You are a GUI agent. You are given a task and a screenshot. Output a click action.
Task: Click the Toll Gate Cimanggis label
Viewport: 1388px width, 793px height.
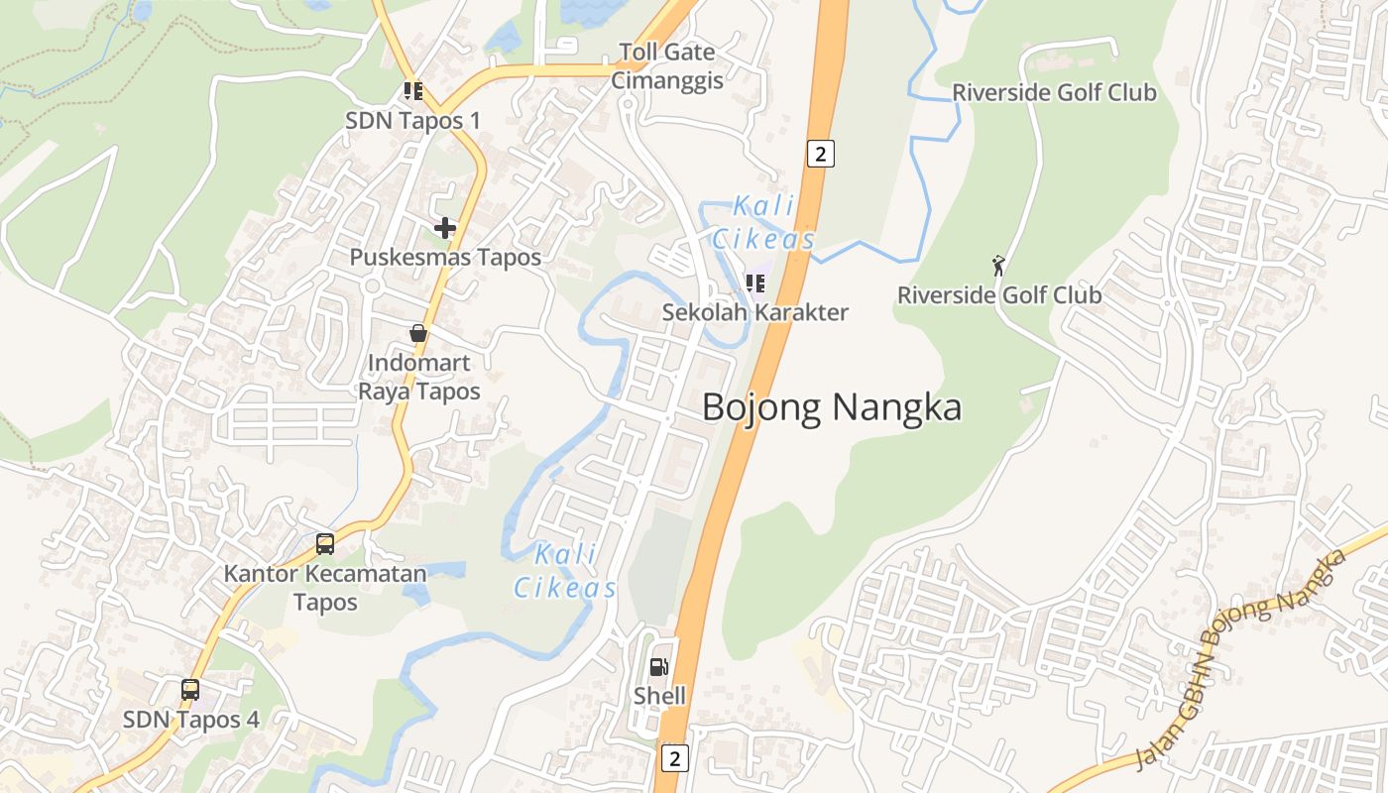[x=666, y=66]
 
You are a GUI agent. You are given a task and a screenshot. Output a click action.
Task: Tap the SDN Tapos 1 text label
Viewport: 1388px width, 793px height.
[x=412, y=121]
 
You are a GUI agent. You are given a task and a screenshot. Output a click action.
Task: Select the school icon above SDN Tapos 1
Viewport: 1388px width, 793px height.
[x=413, y=92]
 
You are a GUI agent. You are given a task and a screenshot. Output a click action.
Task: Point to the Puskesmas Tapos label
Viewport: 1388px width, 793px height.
[x=445, y=258]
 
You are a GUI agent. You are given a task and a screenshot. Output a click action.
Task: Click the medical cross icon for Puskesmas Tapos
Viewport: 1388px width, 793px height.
[x=445, y=228]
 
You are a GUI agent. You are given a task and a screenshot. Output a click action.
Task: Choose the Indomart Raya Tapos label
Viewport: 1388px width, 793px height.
[x=418, y=377]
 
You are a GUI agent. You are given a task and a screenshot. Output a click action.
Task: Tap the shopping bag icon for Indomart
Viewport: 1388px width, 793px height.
[x=418, y=333]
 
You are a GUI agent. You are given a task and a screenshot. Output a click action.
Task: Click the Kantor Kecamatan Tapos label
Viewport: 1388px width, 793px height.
[x=325, y=588]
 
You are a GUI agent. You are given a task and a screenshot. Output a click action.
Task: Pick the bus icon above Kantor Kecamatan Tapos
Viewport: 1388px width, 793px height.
[x=325, y=543]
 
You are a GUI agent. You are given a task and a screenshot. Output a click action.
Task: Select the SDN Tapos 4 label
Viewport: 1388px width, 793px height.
[x=191, y=720]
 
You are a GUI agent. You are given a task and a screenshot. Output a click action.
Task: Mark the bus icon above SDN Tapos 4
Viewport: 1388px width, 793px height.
[x=190, y=689]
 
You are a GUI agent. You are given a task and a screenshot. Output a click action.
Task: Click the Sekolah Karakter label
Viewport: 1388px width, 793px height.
[x=755, y=312]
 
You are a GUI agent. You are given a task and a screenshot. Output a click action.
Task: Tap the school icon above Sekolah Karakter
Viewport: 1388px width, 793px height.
[x=755, y=283]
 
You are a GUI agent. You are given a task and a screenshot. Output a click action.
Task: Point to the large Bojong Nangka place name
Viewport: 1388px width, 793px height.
[x=832, y=407]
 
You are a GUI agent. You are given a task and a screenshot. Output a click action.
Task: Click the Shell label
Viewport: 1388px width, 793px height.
[x=659, y=696]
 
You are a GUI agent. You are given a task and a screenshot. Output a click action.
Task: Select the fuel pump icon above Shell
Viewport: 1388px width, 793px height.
[x=659, y=667]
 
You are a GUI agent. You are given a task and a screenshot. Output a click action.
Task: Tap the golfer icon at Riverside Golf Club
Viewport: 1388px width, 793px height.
[x=998, y=266]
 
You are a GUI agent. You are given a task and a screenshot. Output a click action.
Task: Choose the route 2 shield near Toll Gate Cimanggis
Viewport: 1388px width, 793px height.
[x=820, y=154]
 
